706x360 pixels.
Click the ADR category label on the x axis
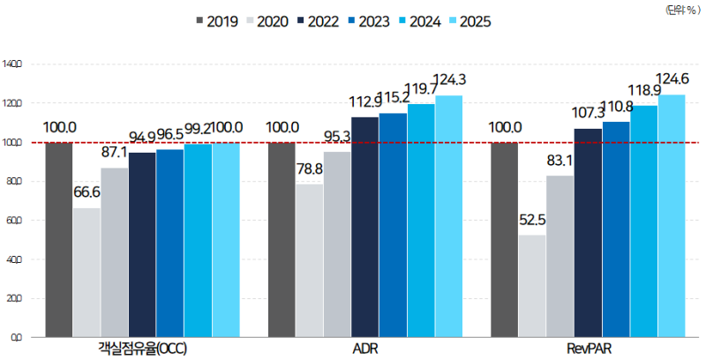365,349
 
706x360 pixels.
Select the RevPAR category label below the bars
588,349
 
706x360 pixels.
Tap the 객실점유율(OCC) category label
143,349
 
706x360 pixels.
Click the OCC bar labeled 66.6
86,272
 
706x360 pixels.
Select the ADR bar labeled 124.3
448,215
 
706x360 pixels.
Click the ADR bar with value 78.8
310,259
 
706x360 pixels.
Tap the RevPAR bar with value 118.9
643,221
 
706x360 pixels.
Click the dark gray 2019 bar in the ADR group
282,239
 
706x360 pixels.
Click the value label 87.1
115,153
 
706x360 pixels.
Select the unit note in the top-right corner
680,8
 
